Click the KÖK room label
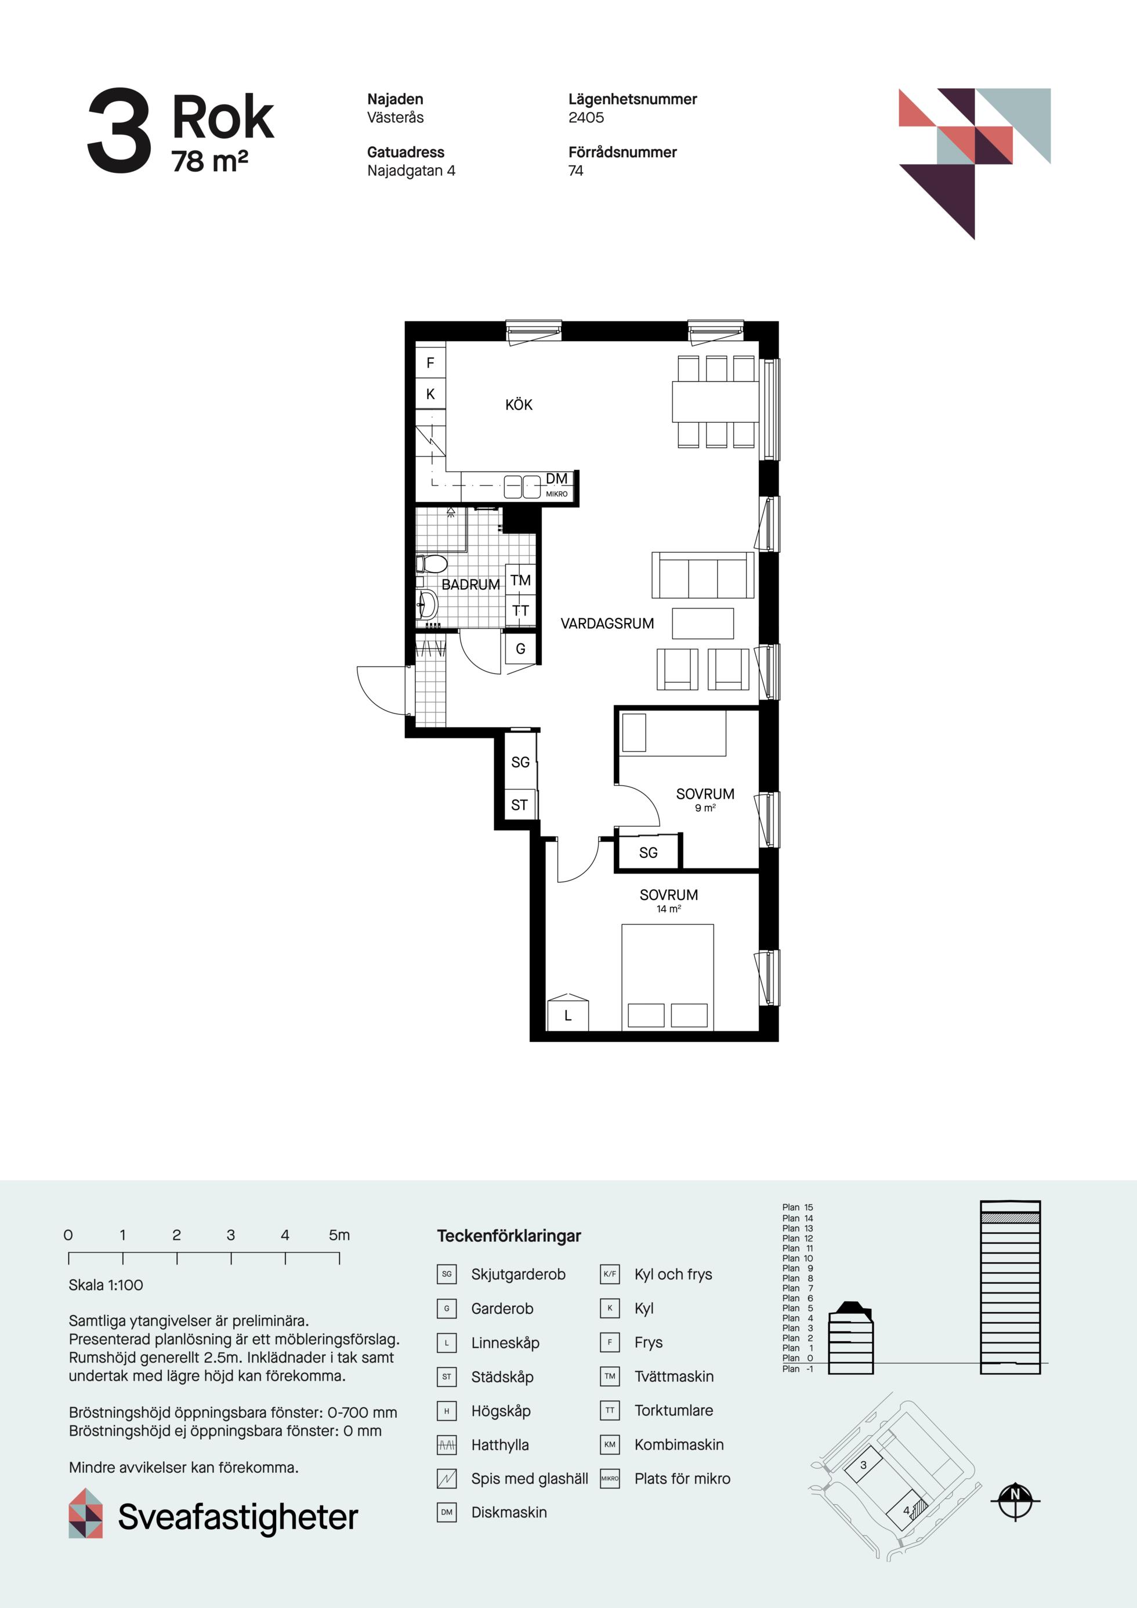point(519,404)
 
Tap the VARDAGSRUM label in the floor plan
point(607,624)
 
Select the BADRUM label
point(470,584)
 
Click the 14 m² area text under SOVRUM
point(668,908)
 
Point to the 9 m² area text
point(705,807)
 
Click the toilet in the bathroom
point(432,563)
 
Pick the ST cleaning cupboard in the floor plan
point(520,805)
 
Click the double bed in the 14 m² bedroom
point(668,977)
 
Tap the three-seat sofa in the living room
point(703,575)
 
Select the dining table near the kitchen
point(715,401)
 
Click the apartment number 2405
point(586,118)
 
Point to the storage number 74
point(576,171)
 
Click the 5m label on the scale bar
point(339,1234)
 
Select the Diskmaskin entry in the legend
point(509,1512)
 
